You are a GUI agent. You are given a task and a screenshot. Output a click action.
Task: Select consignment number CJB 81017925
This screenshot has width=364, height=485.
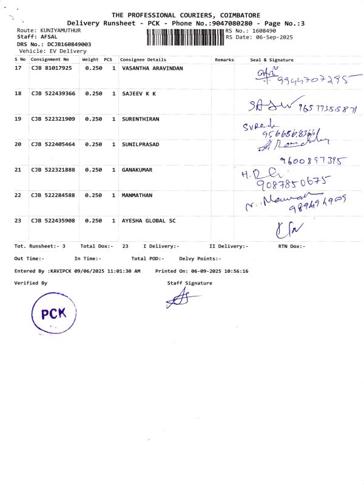click(x=52, y=69)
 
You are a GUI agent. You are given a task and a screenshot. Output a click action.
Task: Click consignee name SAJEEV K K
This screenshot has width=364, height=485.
click(x=139, y=94)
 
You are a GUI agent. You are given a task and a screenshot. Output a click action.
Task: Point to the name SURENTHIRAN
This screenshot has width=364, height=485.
click(x=141, y=119)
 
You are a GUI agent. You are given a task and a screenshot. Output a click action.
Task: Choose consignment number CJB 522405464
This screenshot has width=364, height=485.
click(x=53, y=145)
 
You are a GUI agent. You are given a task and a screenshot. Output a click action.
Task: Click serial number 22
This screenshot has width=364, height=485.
click(x=18, y=196)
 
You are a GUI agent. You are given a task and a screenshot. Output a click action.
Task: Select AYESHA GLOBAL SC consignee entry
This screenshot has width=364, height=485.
click(x=149, y=221)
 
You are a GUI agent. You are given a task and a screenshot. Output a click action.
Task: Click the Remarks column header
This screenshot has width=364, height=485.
click(x=224, y=60)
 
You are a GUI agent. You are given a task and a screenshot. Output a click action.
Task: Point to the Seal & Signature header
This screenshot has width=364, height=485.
click(x=272, y=60)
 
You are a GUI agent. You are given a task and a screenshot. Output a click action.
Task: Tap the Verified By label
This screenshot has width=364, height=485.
click(x=31, y=283)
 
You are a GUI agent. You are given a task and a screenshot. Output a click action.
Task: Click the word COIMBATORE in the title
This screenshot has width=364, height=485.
click(x=233, y=15)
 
